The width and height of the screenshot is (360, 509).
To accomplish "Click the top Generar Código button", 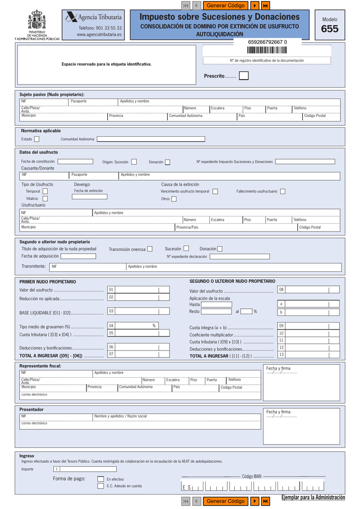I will click(x=225, y=5).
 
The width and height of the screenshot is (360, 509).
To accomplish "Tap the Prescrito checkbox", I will click(x=244, y=76).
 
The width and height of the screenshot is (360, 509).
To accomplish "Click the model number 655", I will click(x=330, y=29).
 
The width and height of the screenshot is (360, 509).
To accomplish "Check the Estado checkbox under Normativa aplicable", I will click(x=37, y=139).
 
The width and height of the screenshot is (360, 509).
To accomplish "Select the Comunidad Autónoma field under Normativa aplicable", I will click(x=151, y=139).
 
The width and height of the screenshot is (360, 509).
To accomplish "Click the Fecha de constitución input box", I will click(x=76, y=162).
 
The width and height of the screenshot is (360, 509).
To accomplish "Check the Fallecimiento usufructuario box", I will click(x=282, y=191).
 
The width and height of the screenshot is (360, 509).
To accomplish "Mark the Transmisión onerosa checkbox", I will click(x=150, y=249).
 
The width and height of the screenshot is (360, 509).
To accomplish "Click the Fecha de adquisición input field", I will click(x=78, y=256).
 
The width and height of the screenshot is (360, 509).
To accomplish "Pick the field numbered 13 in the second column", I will click(x=312, y=355).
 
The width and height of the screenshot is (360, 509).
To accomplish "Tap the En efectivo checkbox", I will click(x=100, y=479).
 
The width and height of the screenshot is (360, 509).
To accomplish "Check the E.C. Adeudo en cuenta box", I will click(x=100, y=486).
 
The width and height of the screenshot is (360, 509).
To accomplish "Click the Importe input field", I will click(x=87, y=469).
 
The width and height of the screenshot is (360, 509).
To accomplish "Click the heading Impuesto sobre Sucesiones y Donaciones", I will click(x=219, y=17).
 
